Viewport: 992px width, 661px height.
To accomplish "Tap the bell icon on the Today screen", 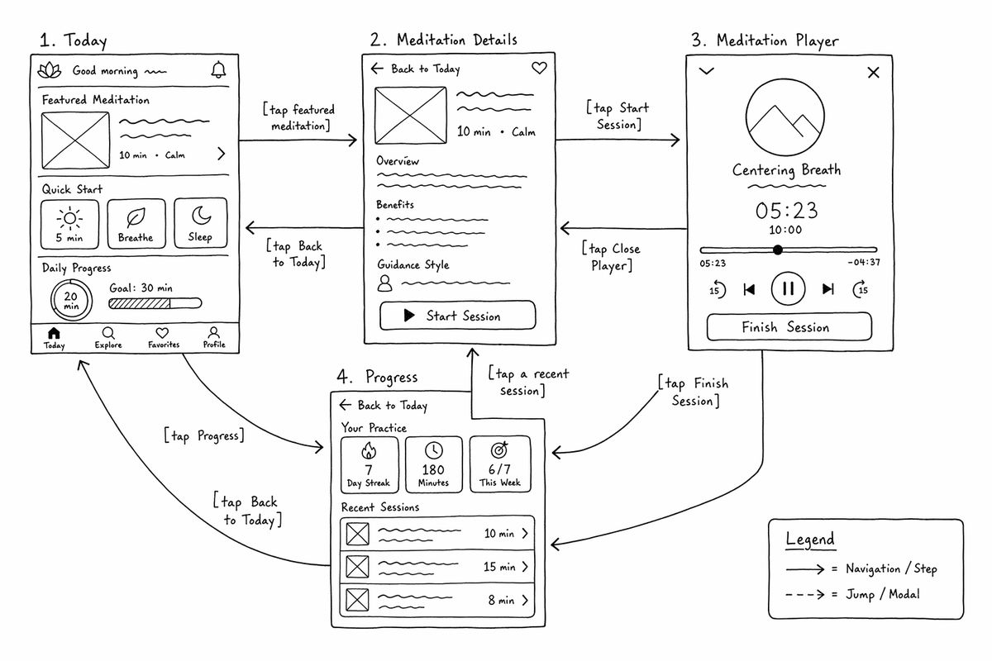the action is click(x=218, y=70).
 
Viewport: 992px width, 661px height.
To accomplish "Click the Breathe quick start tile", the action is click(x=136, y=224).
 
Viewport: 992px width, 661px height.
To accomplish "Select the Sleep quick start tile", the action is click(x=201, y=223).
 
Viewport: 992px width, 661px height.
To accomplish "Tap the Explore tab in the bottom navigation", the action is click(x=108, y=339).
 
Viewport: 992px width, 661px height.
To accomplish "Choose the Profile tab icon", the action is click(x=214, y=332).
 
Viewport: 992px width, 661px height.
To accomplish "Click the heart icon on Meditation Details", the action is click(x=539, y=68).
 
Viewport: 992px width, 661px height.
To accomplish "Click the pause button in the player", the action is click(x=788, y=288).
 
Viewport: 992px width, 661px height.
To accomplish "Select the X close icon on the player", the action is click(x=873, y=73).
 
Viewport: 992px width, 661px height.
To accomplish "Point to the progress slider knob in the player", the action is click(x=778, y=250).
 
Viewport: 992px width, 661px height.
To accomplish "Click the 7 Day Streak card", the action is click(x=370, y=464).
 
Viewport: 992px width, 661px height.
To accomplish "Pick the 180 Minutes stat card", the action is click(x=433, y=464).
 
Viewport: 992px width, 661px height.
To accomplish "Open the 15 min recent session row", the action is click(x=437, y=567).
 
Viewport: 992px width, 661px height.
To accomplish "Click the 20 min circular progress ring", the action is click(x=51, y=300).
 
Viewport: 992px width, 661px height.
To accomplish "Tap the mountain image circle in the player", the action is click(x=746, y=117).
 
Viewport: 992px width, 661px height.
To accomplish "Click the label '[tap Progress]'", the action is click(x=203, y=435).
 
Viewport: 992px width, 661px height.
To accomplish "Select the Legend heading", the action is click(x=810, y=540).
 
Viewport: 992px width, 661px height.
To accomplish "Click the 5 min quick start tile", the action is click(x=69, y=225).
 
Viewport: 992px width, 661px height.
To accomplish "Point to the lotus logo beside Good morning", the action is click(x=50, y=70).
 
